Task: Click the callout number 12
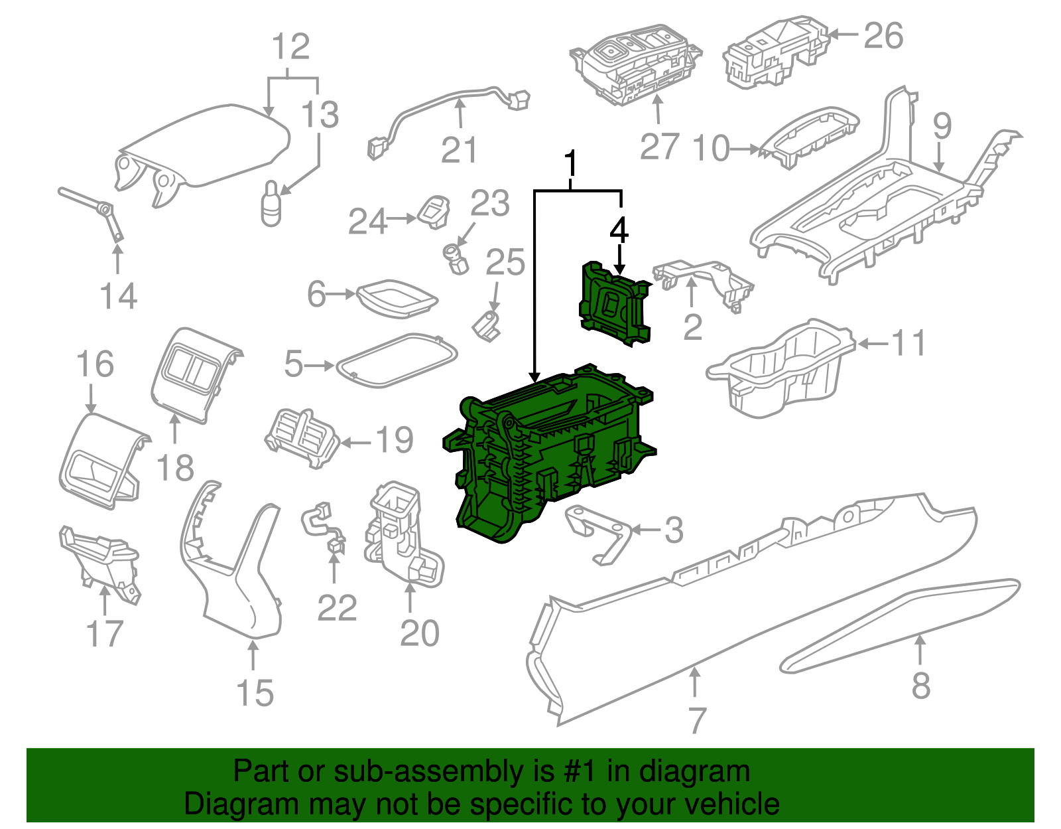pos(290,47)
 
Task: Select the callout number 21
pos(459,150)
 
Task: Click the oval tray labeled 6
pos(397,296)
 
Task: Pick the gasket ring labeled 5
pos(397,362)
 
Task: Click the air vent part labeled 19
pos(302,438)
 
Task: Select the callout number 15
pos(255,693)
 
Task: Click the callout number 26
pos(883,36)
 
